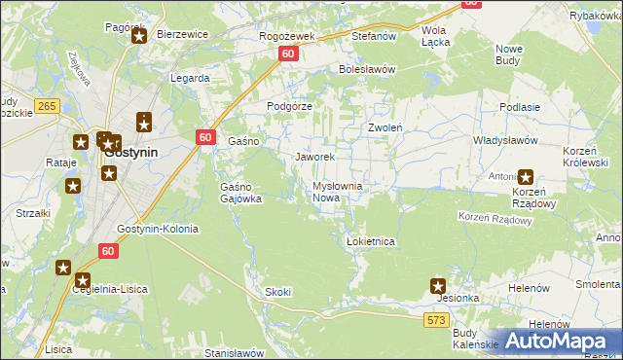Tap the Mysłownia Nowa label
337,192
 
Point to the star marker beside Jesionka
439,286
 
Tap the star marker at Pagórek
138,37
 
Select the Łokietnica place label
370,240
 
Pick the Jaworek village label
314,157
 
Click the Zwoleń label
385,127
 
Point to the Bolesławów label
366,69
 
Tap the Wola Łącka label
433,36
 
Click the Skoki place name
277,292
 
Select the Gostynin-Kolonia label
157,230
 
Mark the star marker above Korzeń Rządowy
527,177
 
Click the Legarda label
190,78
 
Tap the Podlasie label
519,107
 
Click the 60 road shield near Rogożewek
288,55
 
